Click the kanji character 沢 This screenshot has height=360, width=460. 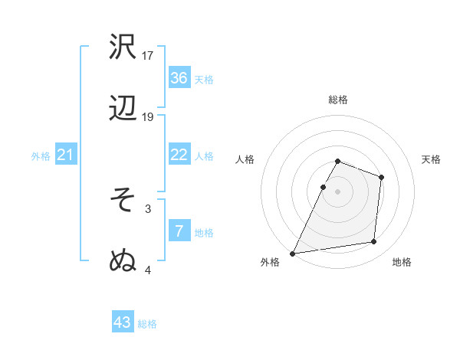pos(123,47)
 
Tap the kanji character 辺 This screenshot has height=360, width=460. pos(123,110)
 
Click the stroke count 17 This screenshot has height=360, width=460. pos(148,55)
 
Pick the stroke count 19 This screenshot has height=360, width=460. pos(148,117)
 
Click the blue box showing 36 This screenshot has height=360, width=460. pos(179,78)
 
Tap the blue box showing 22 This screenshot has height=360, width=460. pos(179,155)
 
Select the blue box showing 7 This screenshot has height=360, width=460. pos(179,231)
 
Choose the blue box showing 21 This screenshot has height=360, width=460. pos(66,155)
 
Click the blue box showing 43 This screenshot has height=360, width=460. pos(123,322)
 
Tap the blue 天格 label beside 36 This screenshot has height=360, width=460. pos(204,79)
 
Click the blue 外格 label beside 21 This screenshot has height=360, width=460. pos(41,156)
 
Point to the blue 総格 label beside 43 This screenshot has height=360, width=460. pos(147,324)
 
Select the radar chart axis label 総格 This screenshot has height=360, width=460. pos(338,100)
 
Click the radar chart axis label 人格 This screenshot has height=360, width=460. pos(245,159)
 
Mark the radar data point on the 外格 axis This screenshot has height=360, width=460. pos(293,254)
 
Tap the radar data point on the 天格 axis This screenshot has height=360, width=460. pos(382,177)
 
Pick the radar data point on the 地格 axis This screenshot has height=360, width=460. pos(374,242)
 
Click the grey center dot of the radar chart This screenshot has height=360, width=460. pos(338,191)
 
